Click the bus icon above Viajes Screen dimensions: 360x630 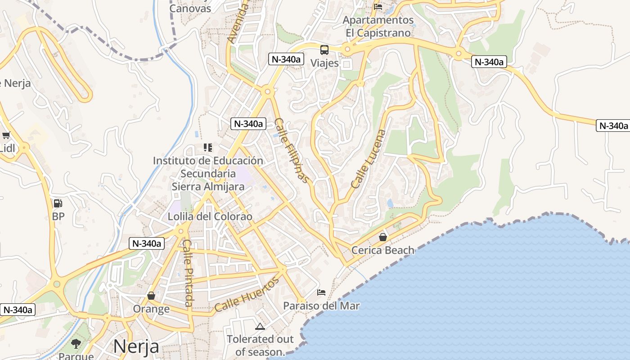coord(324,49)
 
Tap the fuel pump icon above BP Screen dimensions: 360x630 coord(58,203)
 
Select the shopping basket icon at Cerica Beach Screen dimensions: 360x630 coord(382,237)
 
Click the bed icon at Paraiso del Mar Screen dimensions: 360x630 coord(321,292)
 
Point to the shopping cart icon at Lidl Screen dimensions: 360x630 coord(6,135)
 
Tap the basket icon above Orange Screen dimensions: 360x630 coord(151,296)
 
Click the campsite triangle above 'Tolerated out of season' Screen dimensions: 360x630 coord(260,326)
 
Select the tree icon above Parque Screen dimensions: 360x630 coord(76,344)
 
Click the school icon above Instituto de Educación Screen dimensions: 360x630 coord(207,147)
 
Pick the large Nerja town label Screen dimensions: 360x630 coord(136,346)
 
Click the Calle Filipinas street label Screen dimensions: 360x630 coord(292,151)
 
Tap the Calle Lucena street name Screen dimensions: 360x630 coord(369,159)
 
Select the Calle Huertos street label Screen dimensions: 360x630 coord(247,295)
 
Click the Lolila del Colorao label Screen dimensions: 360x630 coord(210,216)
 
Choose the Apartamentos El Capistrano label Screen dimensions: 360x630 coord(378,27)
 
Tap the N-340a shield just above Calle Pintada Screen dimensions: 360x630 coord(147,243)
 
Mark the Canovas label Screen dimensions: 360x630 coord(190,8)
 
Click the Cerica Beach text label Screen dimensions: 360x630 coord(382,250)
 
